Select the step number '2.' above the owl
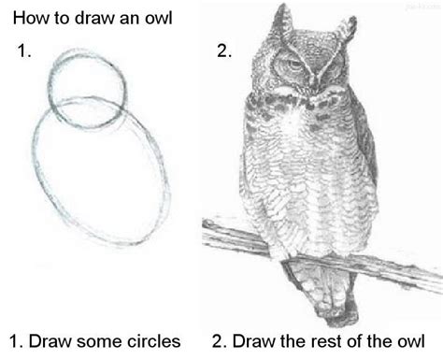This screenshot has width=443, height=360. (224, 53)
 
